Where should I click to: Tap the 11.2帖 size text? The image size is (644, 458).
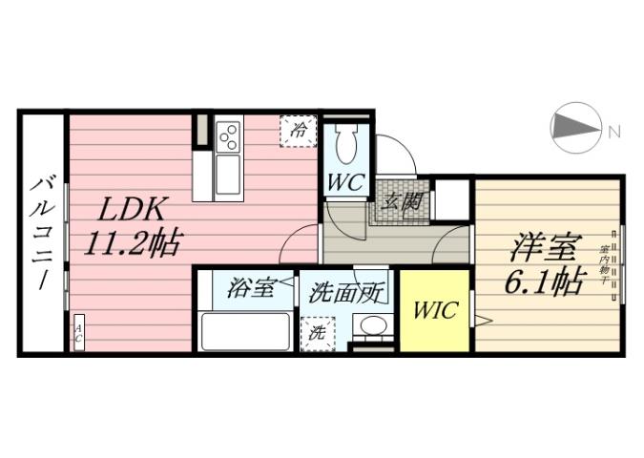[x=131, y=244]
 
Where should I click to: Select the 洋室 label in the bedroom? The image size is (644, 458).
[x=545, y=248]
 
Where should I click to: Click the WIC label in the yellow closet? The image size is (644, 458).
[x=435, y=311]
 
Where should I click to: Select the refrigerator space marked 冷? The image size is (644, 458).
[x=298, y=131]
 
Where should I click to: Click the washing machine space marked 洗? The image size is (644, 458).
[x=316, y=334]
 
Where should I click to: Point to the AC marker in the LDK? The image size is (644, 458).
[x=78, y=337]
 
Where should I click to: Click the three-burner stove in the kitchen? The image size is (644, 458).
[x=229, y=139]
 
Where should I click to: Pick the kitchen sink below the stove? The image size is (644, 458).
[x=229, y=176]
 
